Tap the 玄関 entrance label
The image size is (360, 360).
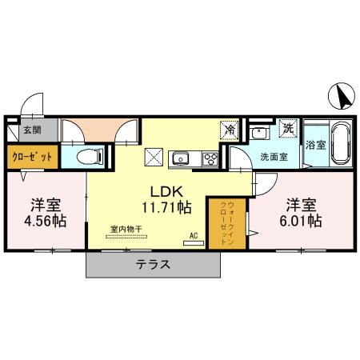[x=30, y=129]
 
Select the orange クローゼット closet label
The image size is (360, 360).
[x=32, y=157]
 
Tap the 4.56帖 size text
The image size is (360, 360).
[x=46, y=219]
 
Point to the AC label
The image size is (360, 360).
[x=193, y=235]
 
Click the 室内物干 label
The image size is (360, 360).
[x=126, y=229]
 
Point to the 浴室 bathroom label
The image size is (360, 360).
[x=315, y=146]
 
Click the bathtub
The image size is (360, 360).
[x=339, y=144]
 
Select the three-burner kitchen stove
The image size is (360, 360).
[x=210, y=158]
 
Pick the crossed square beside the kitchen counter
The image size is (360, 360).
[x=154, y=157]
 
